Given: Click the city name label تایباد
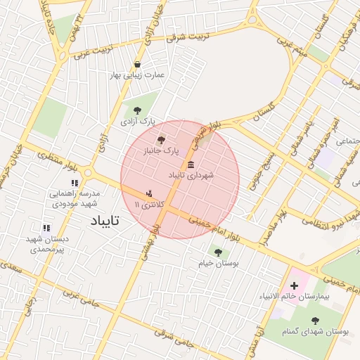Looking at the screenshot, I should coord(105,221).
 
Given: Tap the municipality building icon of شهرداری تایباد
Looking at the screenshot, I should coord(192,163).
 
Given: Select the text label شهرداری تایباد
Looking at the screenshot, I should coord(195,174).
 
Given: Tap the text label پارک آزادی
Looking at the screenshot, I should coord(137,121).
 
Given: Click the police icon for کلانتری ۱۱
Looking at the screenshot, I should coord(148,192).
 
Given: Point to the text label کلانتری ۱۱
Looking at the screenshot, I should coord(148,204).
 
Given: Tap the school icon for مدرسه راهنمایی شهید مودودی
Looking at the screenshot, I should coord(75,183).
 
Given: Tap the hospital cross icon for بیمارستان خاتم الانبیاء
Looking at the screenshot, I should coord(294,285).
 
